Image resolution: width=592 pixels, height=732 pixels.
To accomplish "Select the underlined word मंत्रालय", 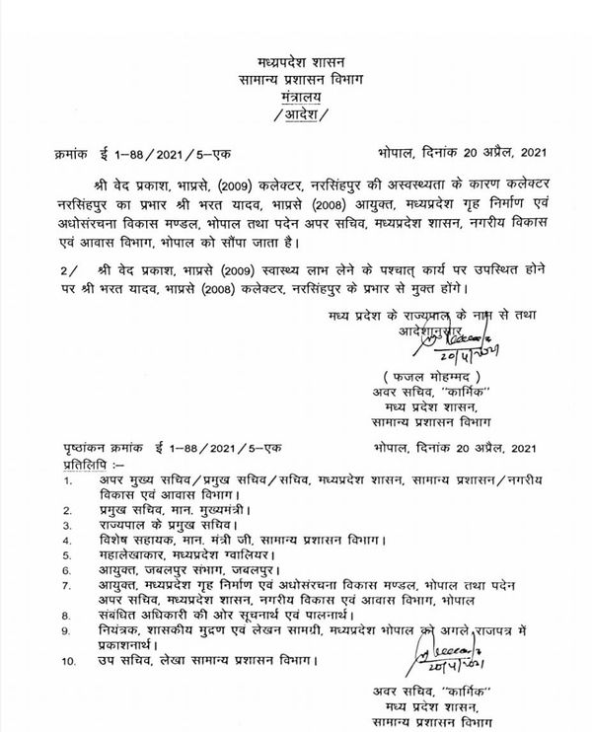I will tap(297, 101).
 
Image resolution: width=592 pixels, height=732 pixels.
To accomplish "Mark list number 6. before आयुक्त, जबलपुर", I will tap(66, 569).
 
